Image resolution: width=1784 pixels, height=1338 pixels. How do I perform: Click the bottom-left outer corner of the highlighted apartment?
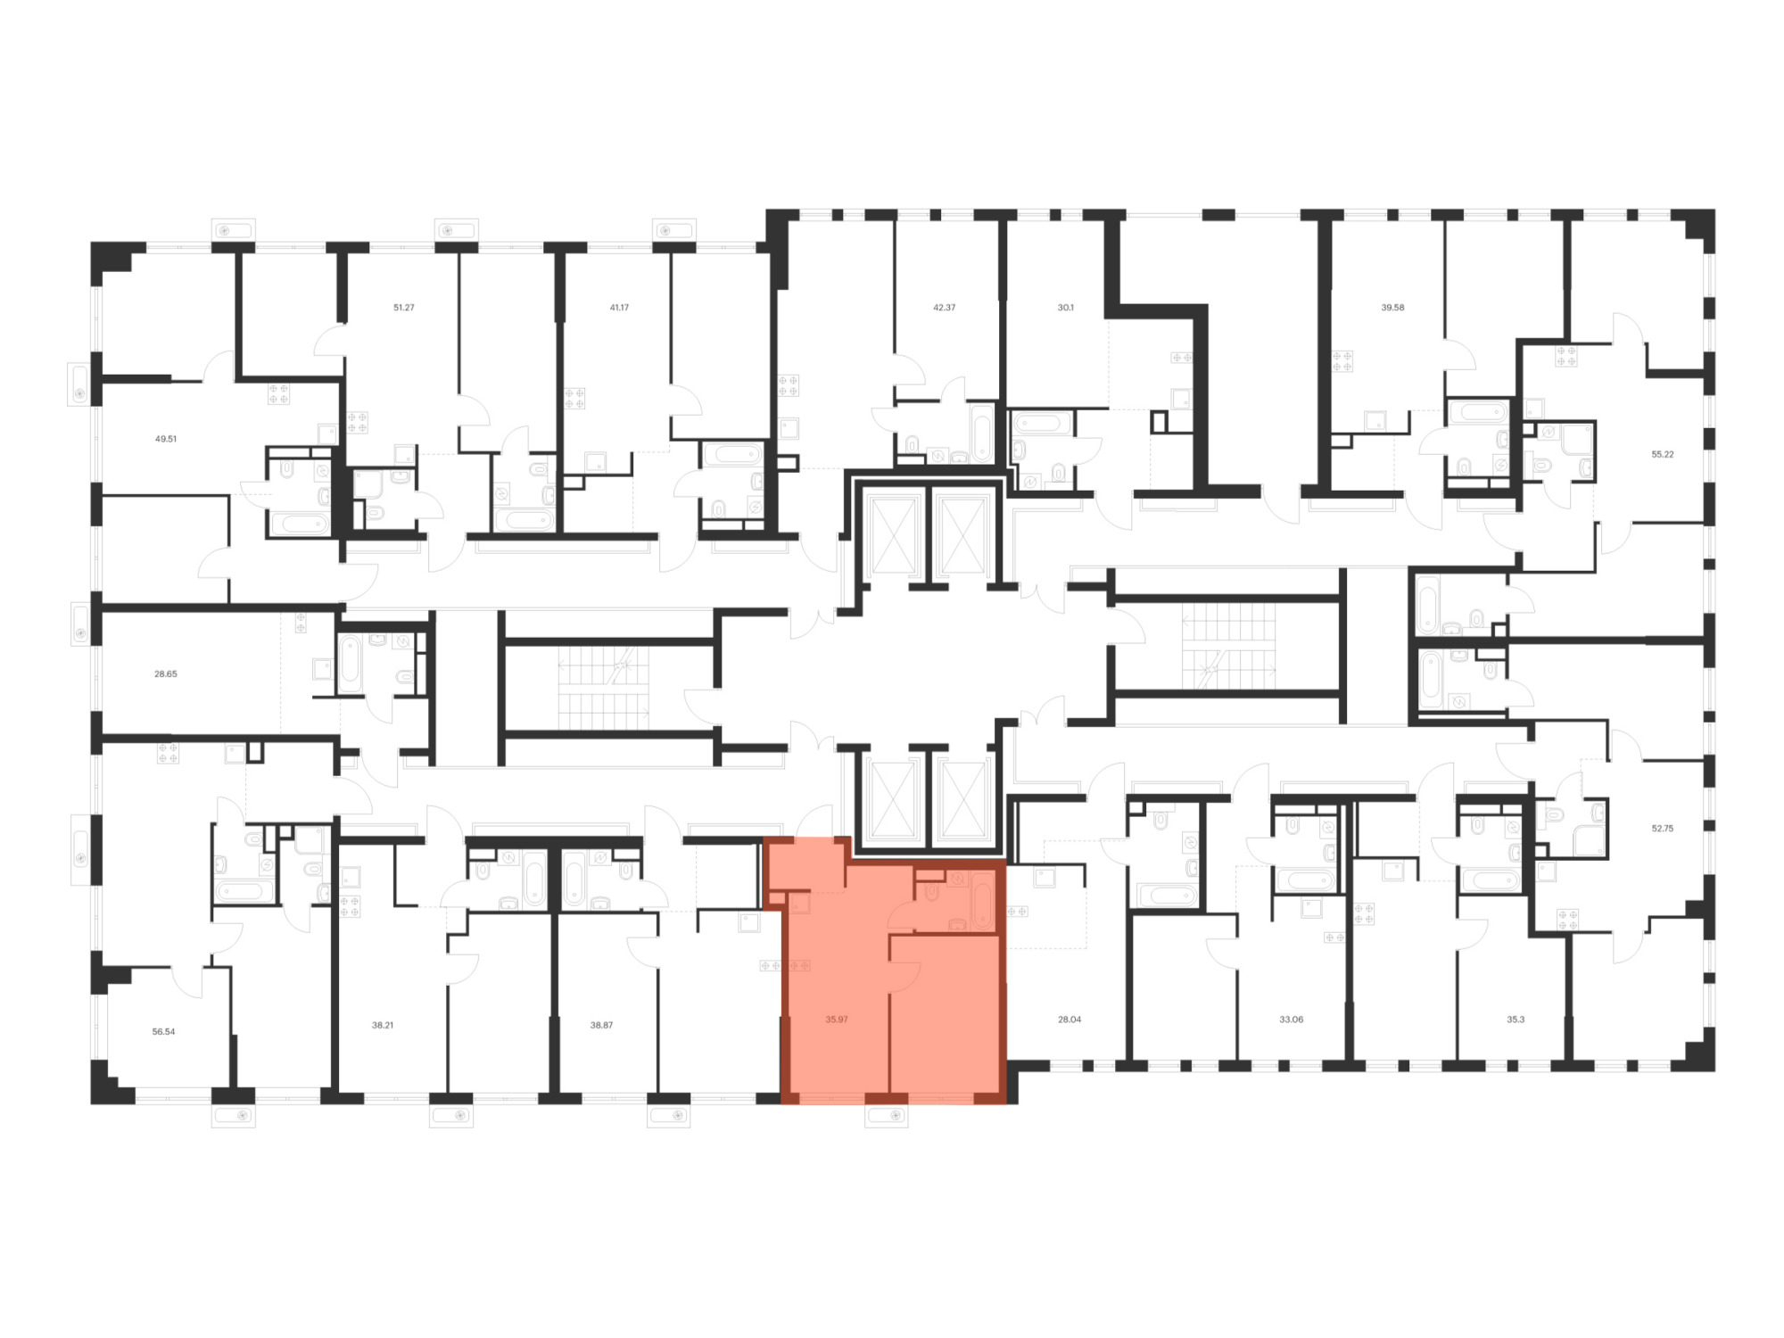[x=781, y=1104]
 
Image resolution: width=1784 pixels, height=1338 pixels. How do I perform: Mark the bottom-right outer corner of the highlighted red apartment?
[x=1007, y=1104]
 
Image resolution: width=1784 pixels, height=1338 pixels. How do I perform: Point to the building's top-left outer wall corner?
[x=92, y=243]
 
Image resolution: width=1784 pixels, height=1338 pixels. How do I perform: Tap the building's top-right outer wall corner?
[x=1714, y=210]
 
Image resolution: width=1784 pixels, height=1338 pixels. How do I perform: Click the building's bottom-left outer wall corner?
[x=92, y=1103]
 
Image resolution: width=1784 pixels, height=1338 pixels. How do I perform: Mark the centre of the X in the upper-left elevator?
[x=893, y=535]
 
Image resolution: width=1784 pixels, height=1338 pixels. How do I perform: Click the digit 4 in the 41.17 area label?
[x=613, y=307]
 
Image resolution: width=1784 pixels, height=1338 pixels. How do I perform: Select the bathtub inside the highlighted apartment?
[x=983, y=902]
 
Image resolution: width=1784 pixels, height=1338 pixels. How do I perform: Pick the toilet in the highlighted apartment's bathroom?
[x=932, y=891]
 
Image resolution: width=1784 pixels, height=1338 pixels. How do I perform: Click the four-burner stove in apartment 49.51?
[x=278, y=393]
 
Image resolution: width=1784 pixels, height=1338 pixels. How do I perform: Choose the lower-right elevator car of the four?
[x=962, y=800]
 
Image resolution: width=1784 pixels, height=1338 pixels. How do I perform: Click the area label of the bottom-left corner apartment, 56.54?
[x=163, y=1031]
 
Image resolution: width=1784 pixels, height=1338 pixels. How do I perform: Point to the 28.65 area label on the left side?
[x=165, y=673]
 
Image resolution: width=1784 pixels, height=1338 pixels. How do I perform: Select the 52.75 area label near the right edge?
[x=1662, y=828]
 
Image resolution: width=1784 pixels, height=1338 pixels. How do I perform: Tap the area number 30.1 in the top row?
[x=1065, y=307]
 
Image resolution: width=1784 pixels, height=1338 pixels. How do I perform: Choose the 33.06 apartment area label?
[x=1291, y=1019]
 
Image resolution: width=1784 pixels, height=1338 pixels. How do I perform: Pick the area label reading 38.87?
[x=601, y=1025]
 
